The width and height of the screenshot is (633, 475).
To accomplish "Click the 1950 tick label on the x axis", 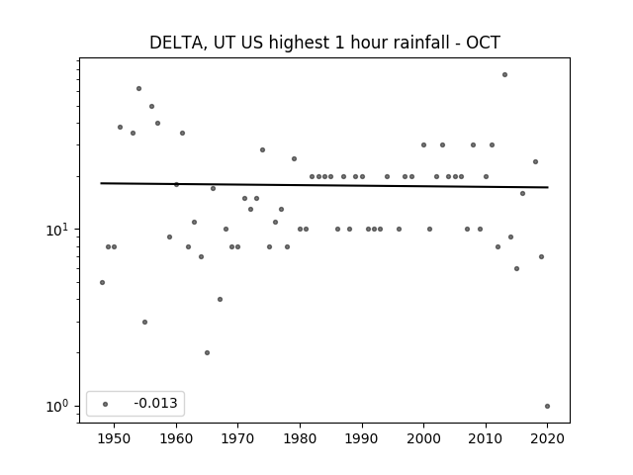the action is (x=115, y=438).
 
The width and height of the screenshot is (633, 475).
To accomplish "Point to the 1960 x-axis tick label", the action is (x=176, y=438).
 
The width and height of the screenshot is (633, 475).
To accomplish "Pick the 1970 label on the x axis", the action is (x=238, y=438).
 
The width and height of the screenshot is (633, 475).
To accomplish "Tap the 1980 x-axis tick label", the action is (x=300, y=438).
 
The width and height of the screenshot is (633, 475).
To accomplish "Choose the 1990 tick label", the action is (x=362, y=438).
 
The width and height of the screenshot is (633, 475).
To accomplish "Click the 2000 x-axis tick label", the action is (x=424, y=438).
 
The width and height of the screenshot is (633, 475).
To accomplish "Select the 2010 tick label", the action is (x=486, y=438).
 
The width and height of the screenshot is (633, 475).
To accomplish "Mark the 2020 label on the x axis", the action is (x=547, y=438).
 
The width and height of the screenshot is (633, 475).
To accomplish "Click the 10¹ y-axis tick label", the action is (x=57, y=230).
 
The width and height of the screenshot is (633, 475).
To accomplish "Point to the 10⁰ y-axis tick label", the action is (x=57, y=406).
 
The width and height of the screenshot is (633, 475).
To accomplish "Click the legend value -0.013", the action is (x=155, y=403).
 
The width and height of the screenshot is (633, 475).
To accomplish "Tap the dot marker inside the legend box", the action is (x=106, y=404).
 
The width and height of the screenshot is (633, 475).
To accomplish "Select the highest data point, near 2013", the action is (x=504, y=75).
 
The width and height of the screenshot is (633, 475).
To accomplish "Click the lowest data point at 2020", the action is (x=547, y=407).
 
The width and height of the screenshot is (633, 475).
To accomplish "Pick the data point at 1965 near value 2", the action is (x=207, y=352).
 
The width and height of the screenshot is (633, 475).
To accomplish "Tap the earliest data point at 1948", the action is (x=102, y=282).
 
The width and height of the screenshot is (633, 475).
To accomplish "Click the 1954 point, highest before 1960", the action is (x=138, y=88).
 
